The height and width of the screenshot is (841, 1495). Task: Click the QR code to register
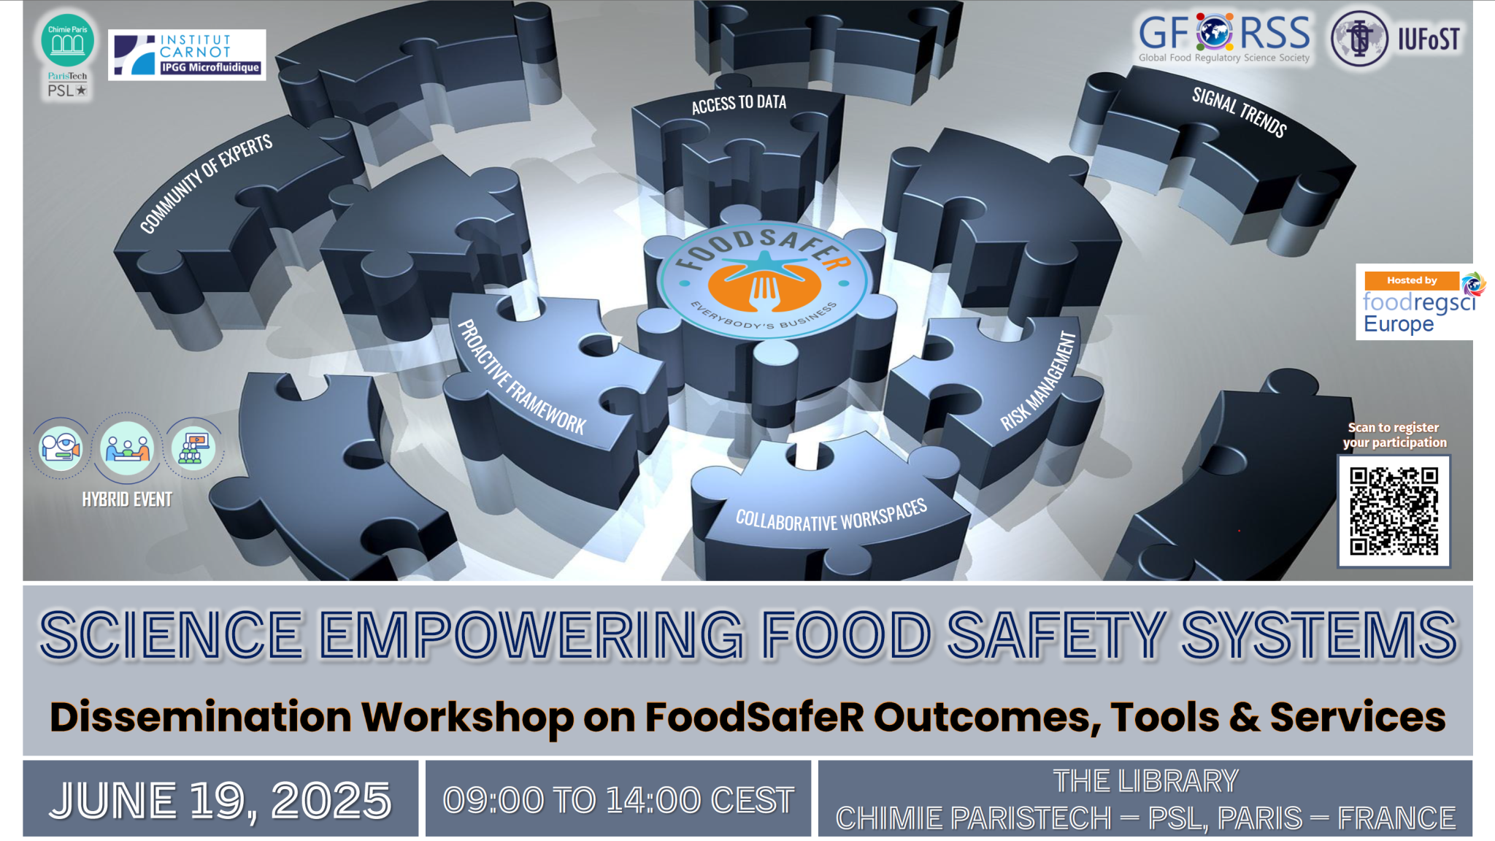coord(1393,511)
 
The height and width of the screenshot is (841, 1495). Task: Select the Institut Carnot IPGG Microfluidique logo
coord(187,55)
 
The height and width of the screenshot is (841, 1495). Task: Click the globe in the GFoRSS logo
coord(1214,33)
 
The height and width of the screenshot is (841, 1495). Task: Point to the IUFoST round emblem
coord(1358,39)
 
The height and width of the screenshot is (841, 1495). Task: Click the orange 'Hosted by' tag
coord(1411,280)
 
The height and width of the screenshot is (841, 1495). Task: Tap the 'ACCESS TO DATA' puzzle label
coord(739,104)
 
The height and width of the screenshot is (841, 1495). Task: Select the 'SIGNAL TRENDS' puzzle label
coord(1239,112)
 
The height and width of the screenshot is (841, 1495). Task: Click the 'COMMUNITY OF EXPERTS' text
coord(206,183)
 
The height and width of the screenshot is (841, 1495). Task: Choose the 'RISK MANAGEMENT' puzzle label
coord(1038,381)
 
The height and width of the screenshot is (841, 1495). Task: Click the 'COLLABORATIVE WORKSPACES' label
coord(831,515)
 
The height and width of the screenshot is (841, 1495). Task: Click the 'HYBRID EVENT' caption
coord(127,499)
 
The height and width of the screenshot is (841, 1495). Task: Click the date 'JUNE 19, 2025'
coord(220,800)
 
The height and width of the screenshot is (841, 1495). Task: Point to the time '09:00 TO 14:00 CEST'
coord(618,800)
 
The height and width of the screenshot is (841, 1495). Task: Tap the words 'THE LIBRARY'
coord(1145,781)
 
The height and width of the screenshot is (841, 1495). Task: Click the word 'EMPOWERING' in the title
coord(531,635)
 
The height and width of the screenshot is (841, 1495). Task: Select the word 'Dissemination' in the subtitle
coord(201,717)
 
